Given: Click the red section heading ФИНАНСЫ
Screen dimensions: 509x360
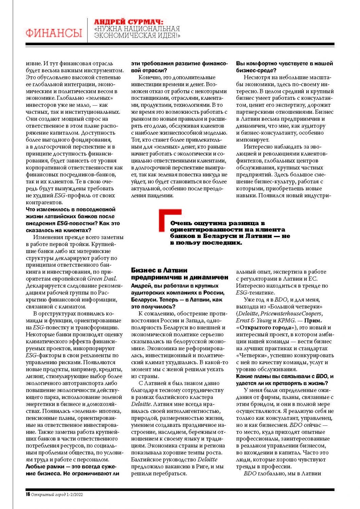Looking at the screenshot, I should pyautogui.click(x=54, y=33).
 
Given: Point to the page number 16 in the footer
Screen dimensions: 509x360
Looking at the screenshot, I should pyautogui.click(x=28, y=494).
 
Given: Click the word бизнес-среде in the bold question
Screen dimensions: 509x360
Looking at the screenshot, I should pyautogui.click(x=256, y=71).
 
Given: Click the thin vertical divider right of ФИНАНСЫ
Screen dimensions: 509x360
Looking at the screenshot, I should pyautogui.click(x=87, y=30).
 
